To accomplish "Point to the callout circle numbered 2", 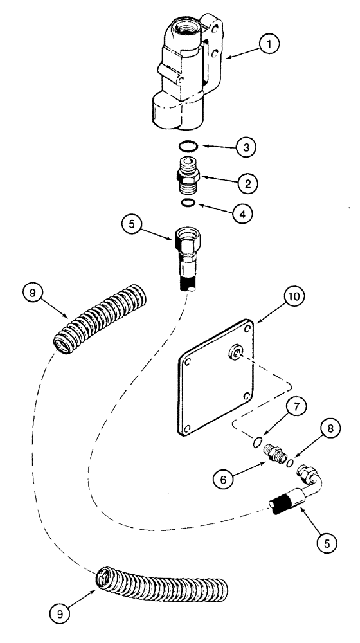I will pyautogui.click(x=246, y=183).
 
